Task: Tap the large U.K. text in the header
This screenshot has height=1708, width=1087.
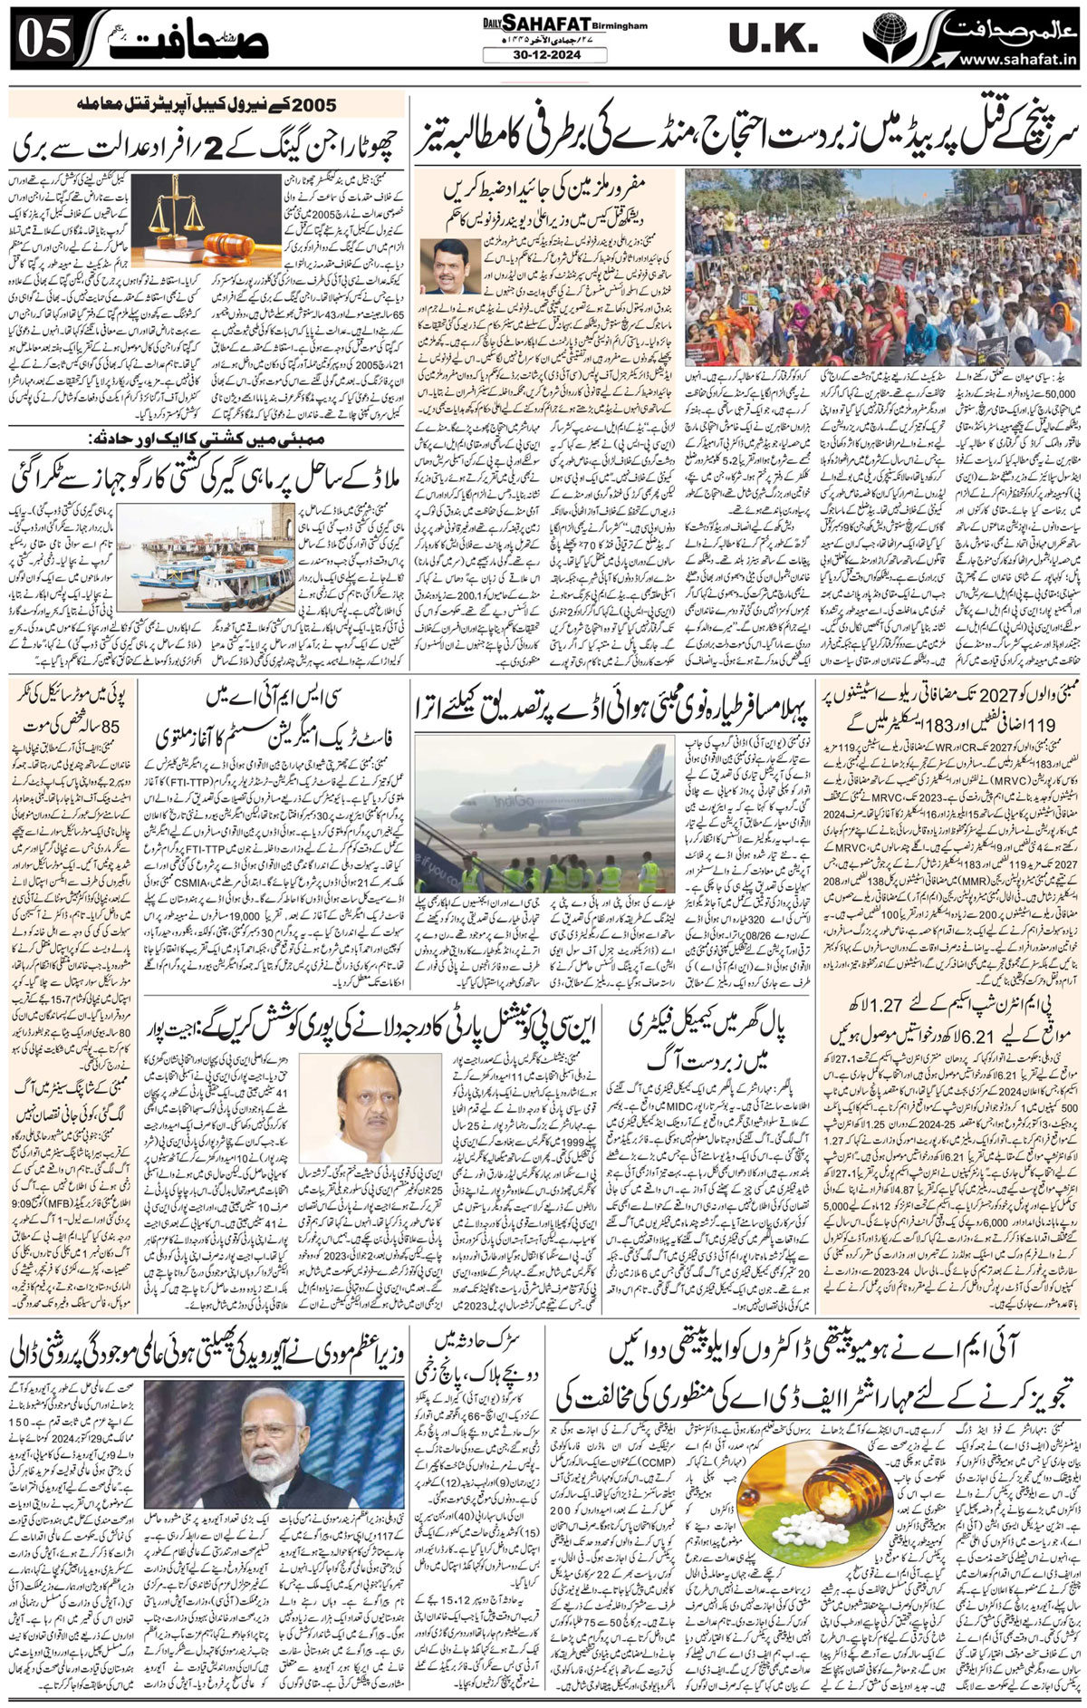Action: pos(773,42)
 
